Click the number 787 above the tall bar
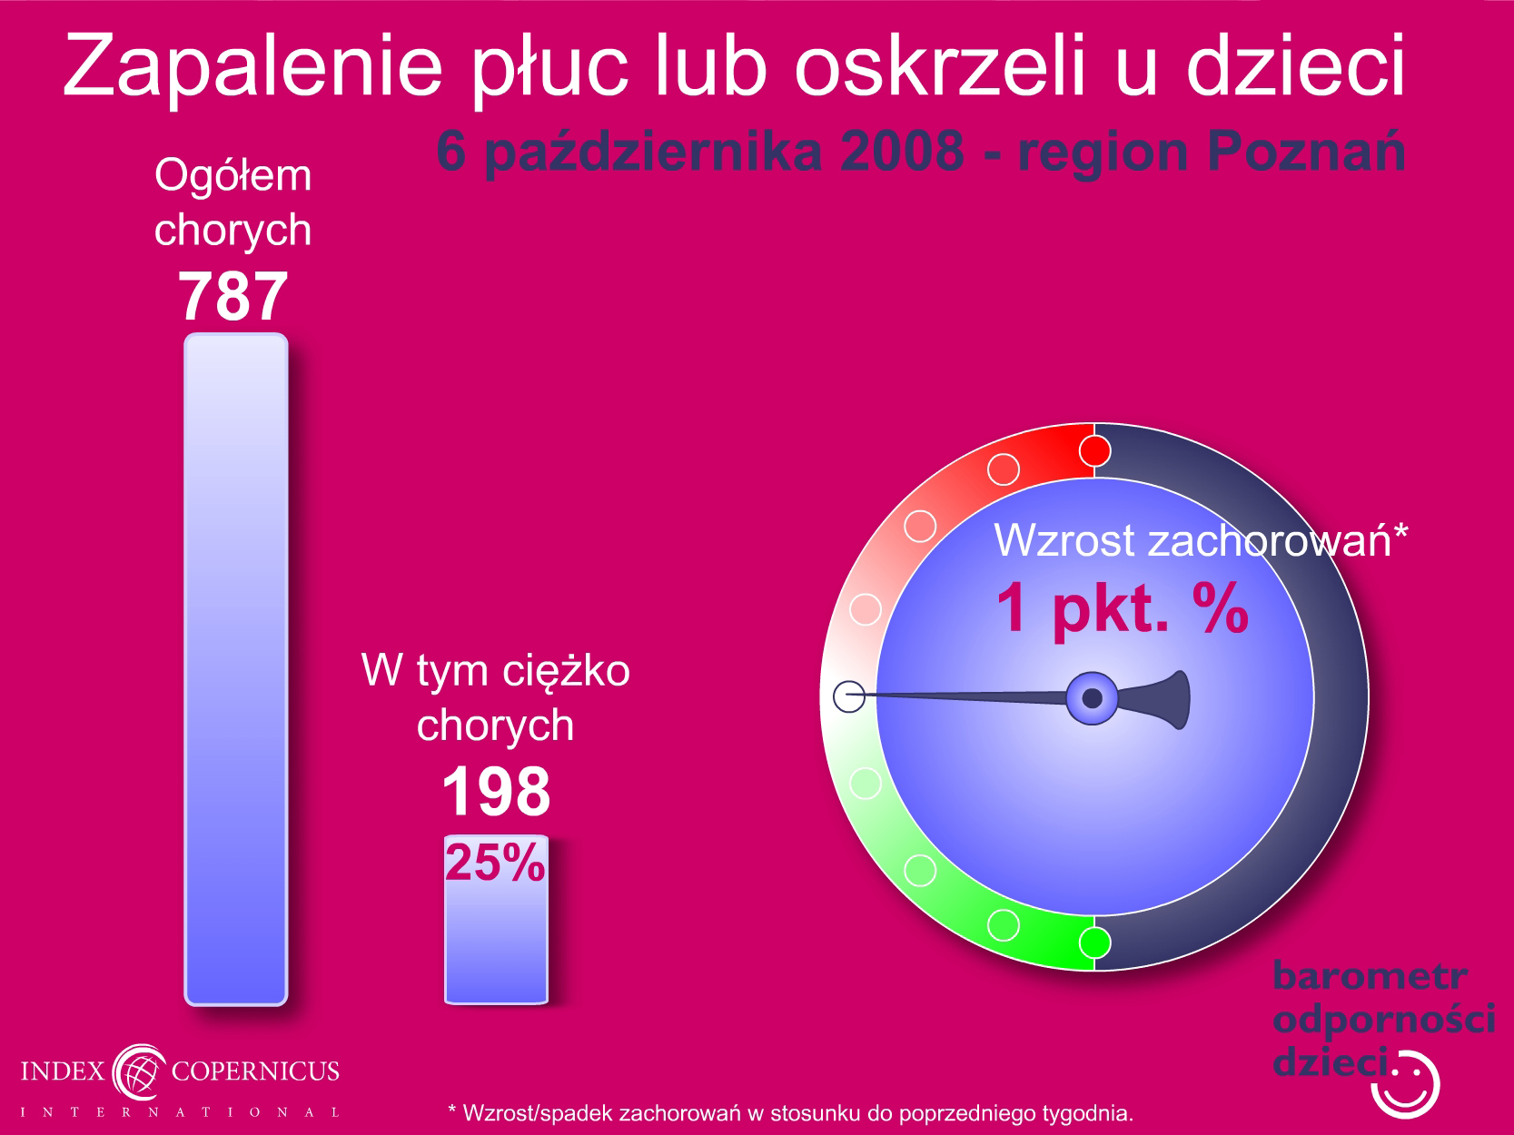pyautogui.click(x=233, y=297)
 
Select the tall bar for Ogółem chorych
pyautogui.click(x=236, y=669)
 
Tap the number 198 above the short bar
pyautogui.click(x=496, y=792)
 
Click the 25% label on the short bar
pyautogui.click(x=495, y=862)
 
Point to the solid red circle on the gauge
pyautogui.click(x=1094, y=451)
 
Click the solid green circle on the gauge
pyautogui.click(x=1094, y=943)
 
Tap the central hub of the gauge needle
pyautogui.click(x=1092, y=698)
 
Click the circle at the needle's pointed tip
pyautogui.click(x=849, y=696)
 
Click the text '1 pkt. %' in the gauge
pyautogui.click(x=1123, y=608)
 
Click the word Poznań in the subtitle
pyautogui.click(x=1306, y=151)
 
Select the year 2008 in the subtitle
pyautogui.click(x=902, y=151)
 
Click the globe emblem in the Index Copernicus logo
pyautogui.click(x=139, y=1071)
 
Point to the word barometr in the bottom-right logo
pyautogui.click(x=1370, y=976)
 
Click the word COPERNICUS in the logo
pyautogui.click(x=255, y=1071)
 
